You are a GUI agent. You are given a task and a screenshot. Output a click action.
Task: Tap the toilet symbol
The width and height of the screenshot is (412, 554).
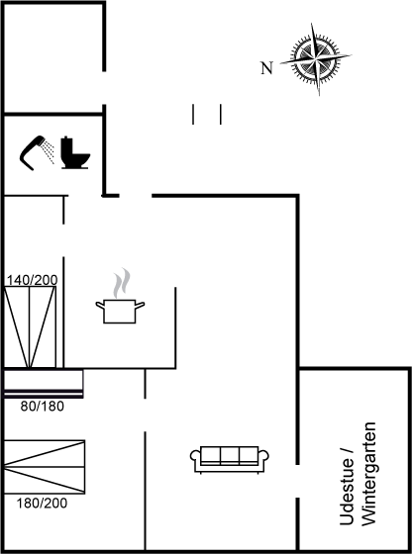click(x=75, y=152)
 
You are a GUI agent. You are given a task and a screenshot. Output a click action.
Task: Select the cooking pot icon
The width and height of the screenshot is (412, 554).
click(x=120, y=311)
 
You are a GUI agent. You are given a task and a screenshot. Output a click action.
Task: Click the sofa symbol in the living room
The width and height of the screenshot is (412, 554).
click(x=230, y=460)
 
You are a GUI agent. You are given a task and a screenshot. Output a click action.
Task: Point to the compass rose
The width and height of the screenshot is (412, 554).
click(x=316, y=59)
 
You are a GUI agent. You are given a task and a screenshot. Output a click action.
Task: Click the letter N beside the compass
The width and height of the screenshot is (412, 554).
click(x=267, y=68)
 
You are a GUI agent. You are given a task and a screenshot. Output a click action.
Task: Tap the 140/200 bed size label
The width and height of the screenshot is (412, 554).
click(x=32, y=280)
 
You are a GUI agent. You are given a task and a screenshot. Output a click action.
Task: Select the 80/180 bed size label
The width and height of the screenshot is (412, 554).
click(x=42, y=407)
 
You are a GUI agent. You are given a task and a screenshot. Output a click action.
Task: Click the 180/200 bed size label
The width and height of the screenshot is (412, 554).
click(x=42, y=504)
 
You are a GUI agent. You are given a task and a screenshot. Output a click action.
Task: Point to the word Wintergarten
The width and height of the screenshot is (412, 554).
click(x=368, y=474)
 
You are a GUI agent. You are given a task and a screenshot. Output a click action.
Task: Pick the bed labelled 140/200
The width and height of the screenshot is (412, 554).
click(x=30, y=326)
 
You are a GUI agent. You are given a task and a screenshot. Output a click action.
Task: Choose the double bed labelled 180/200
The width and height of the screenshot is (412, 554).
click(x=45, y=467)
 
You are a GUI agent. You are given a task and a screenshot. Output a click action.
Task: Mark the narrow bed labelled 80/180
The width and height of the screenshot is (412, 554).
click(x=44, y=384)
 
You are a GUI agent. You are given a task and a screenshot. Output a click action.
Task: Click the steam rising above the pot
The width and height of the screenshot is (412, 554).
click(x=121, y=283)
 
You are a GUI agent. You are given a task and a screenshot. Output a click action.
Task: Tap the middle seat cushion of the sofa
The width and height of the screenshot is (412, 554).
click(x=230, y=455)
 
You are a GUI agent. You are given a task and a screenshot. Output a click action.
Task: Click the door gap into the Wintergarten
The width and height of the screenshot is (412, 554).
click(x=297, y=481)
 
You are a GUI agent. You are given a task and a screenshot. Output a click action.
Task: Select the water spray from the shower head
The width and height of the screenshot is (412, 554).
click(x=49, y=152)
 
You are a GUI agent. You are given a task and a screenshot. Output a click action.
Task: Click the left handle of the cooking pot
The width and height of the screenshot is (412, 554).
click(x=100, y=305)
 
